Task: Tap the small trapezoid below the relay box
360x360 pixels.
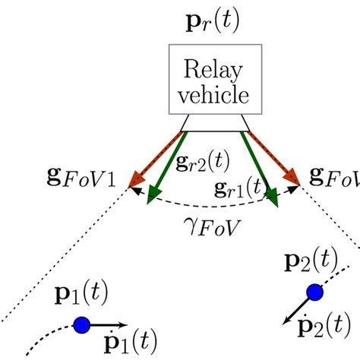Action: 215,122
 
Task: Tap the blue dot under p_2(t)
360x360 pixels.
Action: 314,292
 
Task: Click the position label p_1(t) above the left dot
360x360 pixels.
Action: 81,297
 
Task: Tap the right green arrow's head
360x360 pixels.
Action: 273,200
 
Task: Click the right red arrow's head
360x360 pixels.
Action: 294,179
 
